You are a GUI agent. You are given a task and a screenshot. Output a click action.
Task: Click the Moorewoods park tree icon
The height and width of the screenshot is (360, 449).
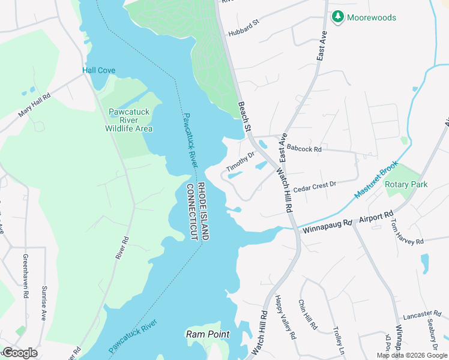point(338,17)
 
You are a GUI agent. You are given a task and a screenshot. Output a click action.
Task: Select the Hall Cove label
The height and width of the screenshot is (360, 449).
point(98,70)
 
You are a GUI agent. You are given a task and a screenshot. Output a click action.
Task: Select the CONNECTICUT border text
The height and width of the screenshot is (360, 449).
point(193,212)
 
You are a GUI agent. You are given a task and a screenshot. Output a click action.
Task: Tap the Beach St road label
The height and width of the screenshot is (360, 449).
point(244,116)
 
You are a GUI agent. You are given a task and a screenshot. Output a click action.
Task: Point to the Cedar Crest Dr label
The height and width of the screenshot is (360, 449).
point(314,185)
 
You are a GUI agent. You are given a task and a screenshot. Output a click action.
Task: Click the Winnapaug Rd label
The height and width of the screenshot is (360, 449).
point(326,224)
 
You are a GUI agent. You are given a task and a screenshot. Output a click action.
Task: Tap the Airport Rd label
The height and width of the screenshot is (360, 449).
point(376,217)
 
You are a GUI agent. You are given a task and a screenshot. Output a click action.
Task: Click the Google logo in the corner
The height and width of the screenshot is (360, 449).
point(20,352)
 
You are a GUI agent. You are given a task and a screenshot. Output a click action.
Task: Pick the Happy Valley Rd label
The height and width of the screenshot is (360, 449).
point(286,317)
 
